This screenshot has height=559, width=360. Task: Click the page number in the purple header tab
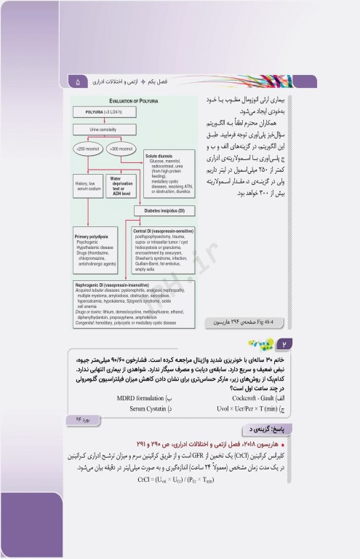(78, 82)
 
